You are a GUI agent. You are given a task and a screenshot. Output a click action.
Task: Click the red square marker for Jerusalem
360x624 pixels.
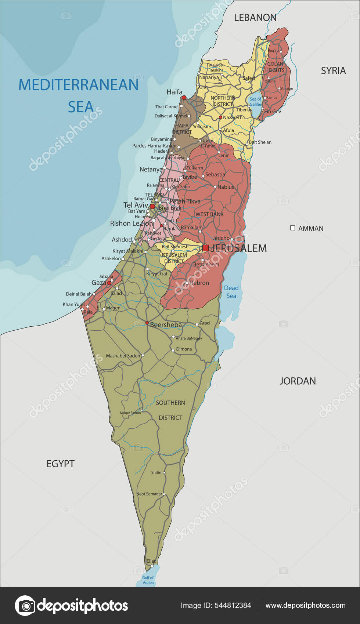pos(206,248)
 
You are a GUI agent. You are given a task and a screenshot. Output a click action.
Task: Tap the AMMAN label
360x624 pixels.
pos(311,228)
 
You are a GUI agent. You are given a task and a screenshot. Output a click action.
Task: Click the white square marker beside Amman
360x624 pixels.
pos(293,228)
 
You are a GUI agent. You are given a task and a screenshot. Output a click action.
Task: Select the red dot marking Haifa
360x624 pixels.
pos(184,98)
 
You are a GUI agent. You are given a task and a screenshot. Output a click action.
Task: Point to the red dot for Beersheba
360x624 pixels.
pos(147,323)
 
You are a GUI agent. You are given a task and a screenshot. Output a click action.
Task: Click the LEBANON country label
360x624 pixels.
pos(255,18)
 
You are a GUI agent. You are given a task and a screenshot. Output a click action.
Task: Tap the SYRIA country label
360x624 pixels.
pos(333,70)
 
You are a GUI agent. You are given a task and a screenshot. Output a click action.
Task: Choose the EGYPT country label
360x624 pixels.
pos(61,464)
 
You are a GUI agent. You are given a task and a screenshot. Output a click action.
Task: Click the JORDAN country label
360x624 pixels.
pos(298,381)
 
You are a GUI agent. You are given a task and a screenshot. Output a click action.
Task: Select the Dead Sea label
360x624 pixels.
pos(231,292)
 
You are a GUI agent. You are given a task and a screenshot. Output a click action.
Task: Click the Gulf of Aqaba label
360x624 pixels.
pos(148,580)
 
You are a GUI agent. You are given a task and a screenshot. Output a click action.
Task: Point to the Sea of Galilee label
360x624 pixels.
pos(256,102)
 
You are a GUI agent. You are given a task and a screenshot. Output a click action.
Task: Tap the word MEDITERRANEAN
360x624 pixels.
pos(79,85)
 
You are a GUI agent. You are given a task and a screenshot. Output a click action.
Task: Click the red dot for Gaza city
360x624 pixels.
pos(109,283)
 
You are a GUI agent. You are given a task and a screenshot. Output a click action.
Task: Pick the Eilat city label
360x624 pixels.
pos(151,561)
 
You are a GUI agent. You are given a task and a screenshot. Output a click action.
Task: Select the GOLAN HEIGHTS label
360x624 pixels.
pos(275,67)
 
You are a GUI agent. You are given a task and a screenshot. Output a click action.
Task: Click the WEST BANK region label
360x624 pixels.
pos(209,214)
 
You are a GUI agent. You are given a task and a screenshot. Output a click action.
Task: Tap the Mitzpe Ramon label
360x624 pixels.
pos(130,413)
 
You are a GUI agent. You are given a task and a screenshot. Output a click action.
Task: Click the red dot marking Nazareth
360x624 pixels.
pos(220,117)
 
